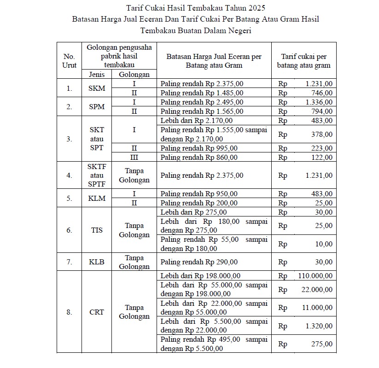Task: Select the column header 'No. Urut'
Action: tap(69, 61)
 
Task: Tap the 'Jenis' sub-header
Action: tap(97, 75)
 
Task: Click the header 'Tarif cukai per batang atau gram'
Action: tap(303, 61)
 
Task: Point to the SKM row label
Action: tap(97, 88)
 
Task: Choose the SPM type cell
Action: tap(97, 106)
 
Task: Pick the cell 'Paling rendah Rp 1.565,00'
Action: tap(202, 111)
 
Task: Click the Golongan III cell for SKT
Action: tap(134, 157)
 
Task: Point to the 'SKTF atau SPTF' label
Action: tap(97, 175)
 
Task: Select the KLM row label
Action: tap(97, 199)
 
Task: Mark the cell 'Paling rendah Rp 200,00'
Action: tap(199, 203)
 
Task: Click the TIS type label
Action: tap(97, 230)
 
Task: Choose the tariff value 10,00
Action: tap(324, 244)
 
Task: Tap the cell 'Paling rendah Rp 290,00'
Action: tap(199, 262)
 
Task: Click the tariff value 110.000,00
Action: tap(313, 276)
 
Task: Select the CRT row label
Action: tap(97, 312)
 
